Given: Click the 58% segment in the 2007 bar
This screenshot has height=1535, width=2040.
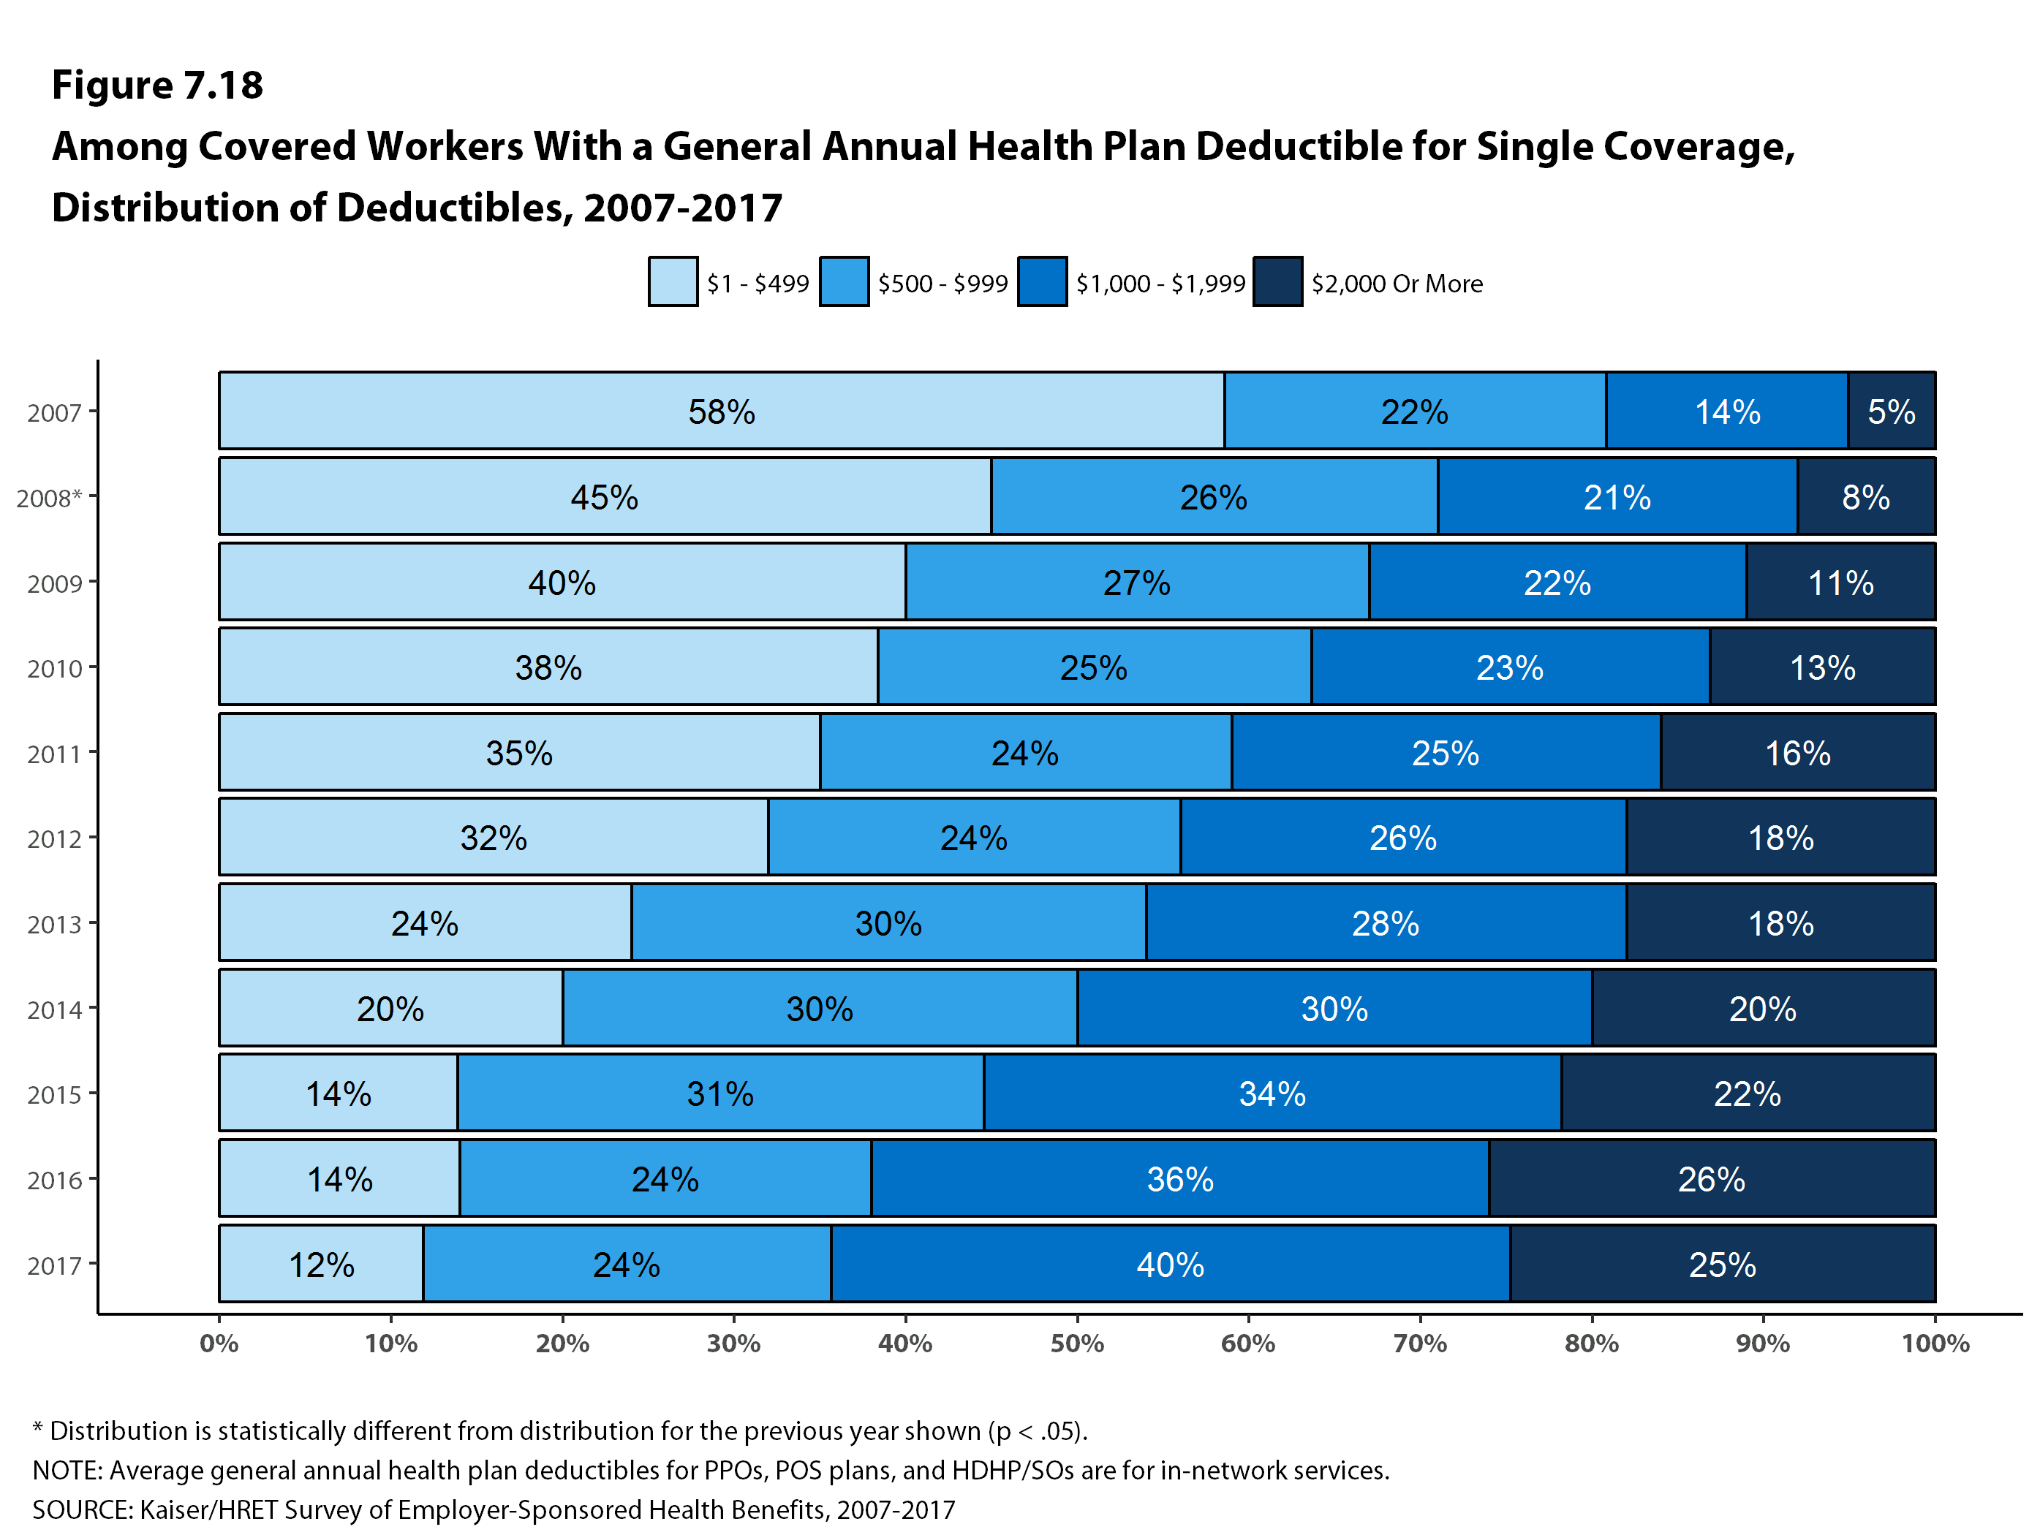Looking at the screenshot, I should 721,412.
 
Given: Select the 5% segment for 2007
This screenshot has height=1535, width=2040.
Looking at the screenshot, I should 1891,412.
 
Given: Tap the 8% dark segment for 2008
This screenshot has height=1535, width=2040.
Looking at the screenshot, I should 1866,497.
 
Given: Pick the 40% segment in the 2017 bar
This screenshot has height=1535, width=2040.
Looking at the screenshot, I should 1169,1264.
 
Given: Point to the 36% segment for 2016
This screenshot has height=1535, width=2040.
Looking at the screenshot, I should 1179,1179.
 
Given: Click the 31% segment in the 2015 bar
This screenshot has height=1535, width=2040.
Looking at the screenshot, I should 720,1094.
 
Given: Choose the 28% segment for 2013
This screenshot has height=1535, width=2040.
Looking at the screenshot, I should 1385,923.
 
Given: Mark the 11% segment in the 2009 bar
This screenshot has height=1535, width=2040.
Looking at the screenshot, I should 1840,583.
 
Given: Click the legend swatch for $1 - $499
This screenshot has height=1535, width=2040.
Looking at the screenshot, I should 672,282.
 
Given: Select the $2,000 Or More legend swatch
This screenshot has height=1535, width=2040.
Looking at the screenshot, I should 1277,282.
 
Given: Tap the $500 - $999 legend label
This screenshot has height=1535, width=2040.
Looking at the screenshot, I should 942,284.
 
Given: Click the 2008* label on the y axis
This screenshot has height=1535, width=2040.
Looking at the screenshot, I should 49,498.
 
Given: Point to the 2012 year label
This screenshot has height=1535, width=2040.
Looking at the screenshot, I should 54,839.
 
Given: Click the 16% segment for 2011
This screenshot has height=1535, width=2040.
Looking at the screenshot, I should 1797,753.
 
